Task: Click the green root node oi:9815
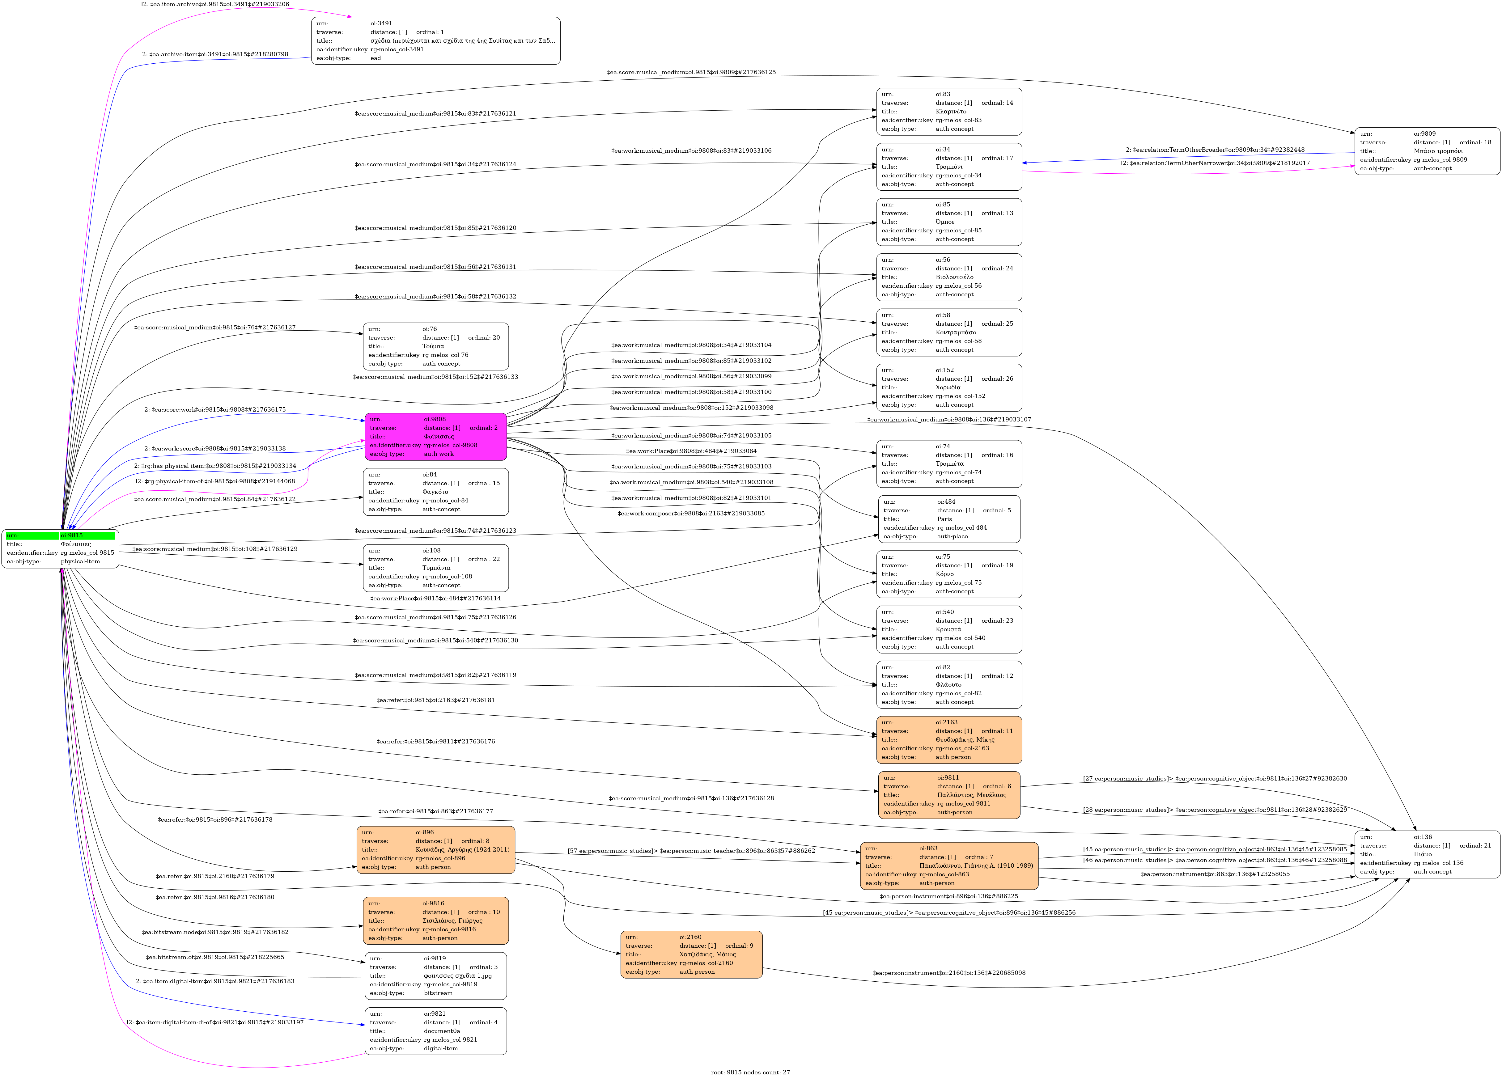(x=60, y=548)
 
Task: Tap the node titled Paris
(x=949, y=519)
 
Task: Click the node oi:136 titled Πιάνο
(x=1427, y=854)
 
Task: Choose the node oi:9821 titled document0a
(x=436, y=1031)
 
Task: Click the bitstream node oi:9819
(x=436, y=976)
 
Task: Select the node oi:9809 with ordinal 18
(x=1427, y=151)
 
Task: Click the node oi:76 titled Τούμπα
(x=436, y=346)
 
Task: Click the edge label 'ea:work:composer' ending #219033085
(x=691, y=514)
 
